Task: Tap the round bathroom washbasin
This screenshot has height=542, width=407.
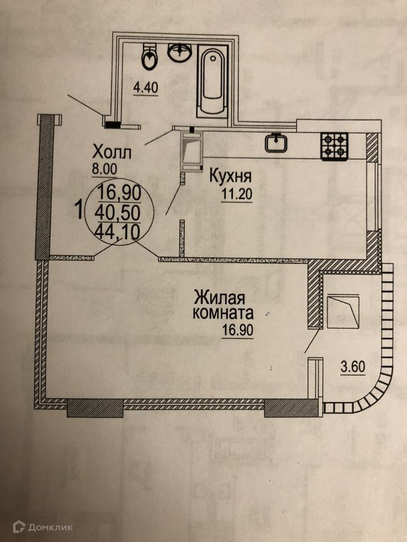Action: point(179,53)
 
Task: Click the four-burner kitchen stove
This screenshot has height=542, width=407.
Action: point(334,146)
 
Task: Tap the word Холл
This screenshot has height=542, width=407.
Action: point(112,152)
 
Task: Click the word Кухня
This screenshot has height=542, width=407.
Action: point(230,176)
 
